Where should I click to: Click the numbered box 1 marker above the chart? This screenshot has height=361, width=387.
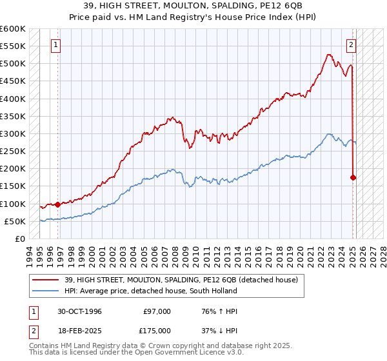coord(57,45)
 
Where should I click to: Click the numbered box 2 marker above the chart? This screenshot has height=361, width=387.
coord(352,45)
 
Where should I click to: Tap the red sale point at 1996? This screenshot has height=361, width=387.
coord(57,204)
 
